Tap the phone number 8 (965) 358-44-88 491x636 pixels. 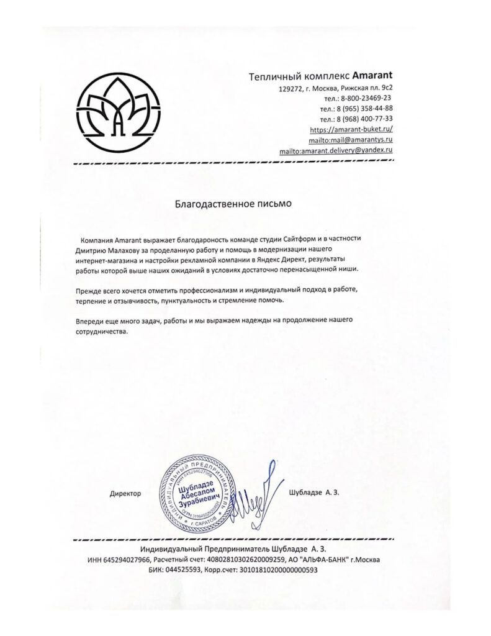click(365, 108)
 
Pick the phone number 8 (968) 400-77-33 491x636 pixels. click(365, 118)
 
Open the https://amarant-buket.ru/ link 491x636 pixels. click(351, 129)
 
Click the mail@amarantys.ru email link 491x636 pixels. click(352, 140)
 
